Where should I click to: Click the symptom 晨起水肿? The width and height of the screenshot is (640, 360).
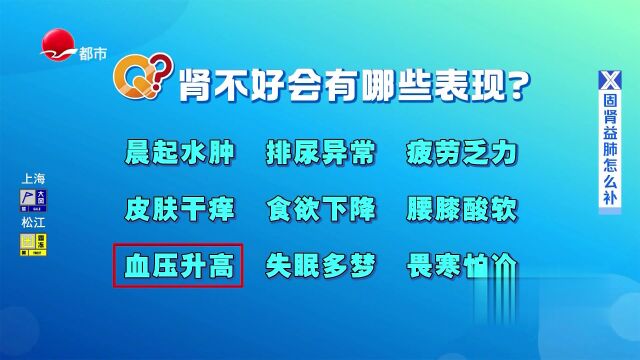pos(179,154)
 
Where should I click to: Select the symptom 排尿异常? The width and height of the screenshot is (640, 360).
pos(321,154)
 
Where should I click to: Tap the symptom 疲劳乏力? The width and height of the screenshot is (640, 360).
pos(462,154)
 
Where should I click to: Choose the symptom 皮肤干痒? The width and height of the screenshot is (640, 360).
pos(179,210)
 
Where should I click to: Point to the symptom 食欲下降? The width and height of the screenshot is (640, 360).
pos(321,210)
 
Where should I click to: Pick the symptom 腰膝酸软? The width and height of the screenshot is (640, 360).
pos(462,210)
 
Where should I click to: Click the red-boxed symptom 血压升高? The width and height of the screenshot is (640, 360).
pos(179,266)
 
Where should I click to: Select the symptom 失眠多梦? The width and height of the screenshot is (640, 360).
pos(321,266)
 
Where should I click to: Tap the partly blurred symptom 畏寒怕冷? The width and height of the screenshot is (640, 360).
pos(462,266)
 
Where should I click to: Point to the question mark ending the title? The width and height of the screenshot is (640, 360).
pos(517,88)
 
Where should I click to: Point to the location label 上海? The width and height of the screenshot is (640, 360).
pos(33,178)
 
